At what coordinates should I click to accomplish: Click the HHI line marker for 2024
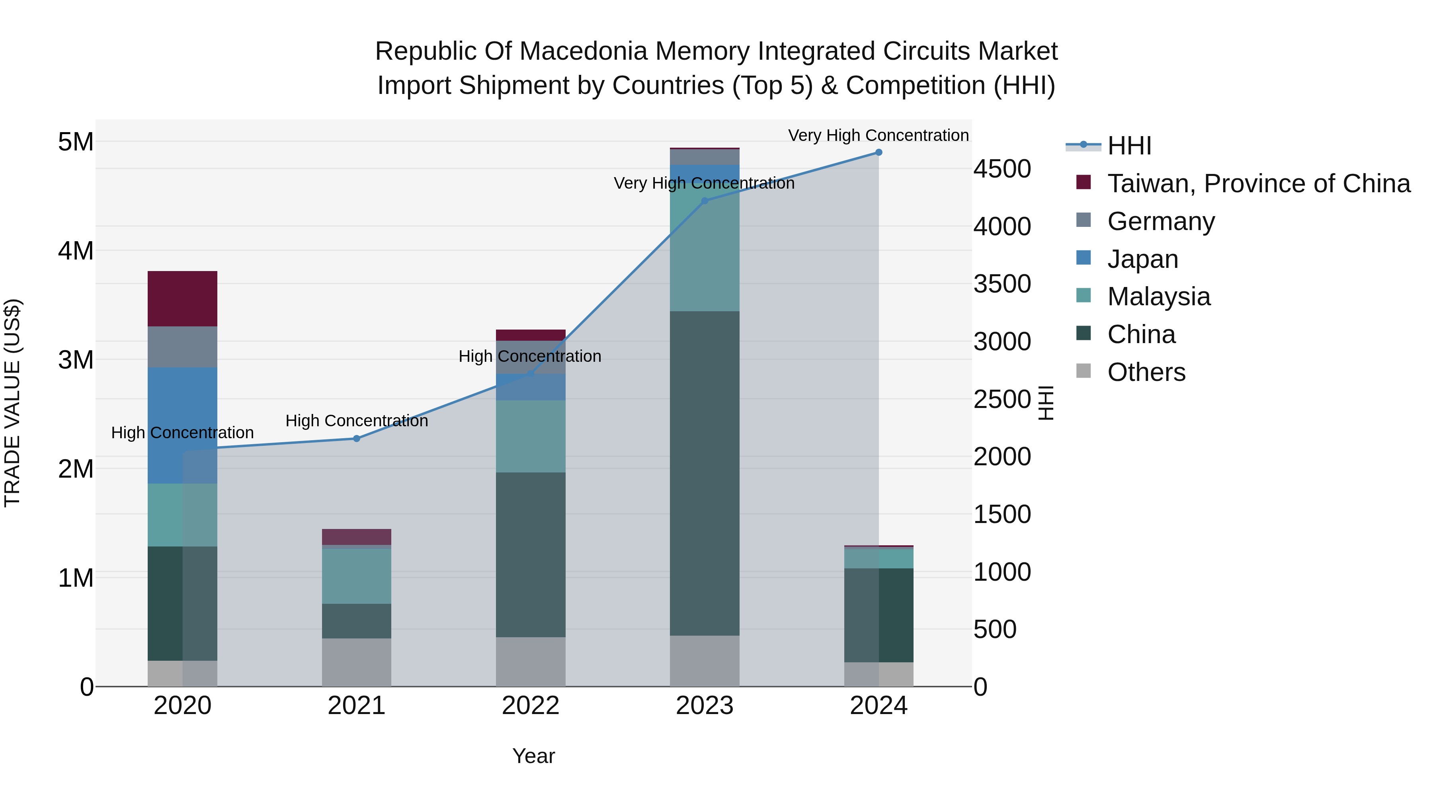879,152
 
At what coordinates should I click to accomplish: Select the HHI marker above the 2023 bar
705,201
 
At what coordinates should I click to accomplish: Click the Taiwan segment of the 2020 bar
182,299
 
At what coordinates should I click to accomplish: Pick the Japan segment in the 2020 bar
182,425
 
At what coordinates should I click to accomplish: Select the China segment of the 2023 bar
705,473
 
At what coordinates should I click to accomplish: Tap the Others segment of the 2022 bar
531,662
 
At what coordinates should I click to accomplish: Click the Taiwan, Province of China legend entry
1258,183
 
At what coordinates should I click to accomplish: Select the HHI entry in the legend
1129,146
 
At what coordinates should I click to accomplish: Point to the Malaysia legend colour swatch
1084,295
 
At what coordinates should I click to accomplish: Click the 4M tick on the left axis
76,251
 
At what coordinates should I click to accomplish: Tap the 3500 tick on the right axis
1002,284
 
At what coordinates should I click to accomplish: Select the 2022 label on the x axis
531,706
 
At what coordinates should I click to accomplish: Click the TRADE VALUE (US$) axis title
12,403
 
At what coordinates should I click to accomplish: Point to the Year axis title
533,756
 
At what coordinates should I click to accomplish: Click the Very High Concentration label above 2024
879,136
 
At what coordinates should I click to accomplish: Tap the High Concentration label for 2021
357,421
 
